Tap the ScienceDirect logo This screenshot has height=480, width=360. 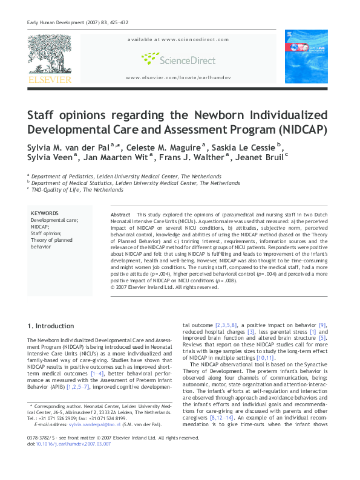[x=178, y=59]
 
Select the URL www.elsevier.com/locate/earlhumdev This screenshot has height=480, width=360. [x=178, y=79]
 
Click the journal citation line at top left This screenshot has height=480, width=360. [x=67, y=23]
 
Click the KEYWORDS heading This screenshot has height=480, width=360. [x=44, y=213]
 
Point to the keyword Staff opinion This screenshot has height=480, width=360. [x=46, y=233]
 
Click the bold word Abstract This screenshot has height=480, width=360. [x=121, y=215]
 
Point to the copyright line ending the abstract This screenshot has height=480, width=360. [x=163, y=287]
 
